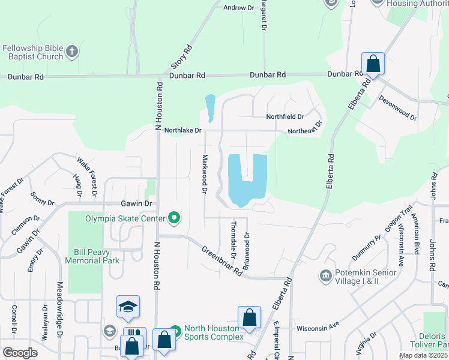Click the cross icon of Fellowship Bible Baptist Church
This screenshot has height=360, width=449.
pos(71,51)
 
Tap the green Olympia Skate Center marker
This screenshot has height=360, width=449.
pos(174,218)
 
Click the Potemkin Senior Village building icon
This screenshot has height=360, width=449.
pos(326,275)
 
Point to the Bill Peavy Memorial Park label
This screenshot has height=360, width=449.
pos(97,256)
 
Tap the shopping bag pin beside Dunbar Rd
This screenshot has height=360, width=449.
pos(373,64)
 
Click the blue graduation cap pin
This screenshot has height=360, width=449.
pos(128,307)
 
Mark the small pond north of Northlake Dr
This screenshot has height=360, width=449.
pos(209,108)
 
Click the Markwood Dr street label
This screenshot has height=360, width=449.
pos(204,173)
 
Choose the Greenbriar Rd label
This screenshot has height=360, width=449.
pos(221,261)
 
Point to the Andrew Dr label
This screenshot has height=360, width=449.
pos(238,8)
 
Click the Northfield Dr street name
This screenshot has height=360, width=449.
pos(285,117)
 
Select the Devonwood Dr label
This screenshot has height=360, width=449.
pos(397,107)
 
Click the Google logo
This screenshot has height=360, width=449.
pos(20,352)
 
